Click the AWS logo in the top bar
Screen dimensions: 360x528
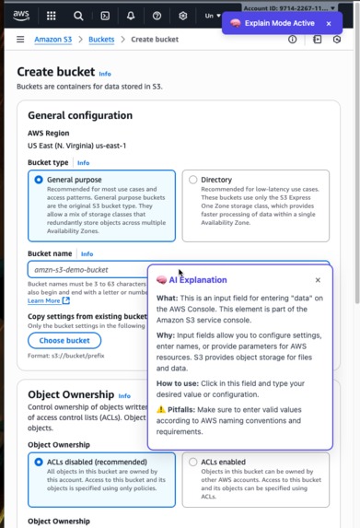pyautogui.click(x=21, y=15)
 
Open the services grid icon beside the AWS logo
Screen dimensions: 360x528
pyautogui.click(x=52, y=16)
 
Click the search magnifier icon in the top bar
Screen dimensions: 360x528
pyautogui.click(x=78, y=16)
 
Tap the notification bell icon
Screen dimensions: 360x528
pyautogui.click(x=131, y=16)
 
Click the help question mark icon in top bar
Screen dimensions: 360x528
pyautogui.click(x=157, y=16)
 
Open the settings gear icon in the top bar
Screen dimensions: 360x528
pyautogui.click(x=183, y=16)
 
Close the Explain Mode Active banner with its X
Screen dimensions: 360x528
pyautogui.click(x=329, y=23)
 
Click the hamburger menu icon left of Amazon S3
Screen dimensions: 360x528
pyautogui.click(x=20, y=40)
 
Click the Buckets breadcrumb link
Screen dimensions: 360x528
pyautogui.click(x=101, y=40)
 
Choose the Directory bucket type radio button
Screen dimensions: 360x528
pyautogui.click(x=192, y=180)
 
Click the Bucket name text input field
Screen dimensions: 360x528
pyautogui.click(x=87, y=269)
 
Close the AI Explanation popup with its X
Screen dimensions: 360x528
pyautogui.click(x=318, y=280)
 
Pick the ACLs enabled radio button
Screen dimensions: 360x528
pyautogui.click(x=192, y=462)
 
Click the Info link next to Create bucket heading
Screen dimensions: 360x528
pyautogui.click(x=105, y=73)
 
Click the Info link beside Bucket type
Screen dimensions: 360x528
pyautogui.click(x=83, y=162)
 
